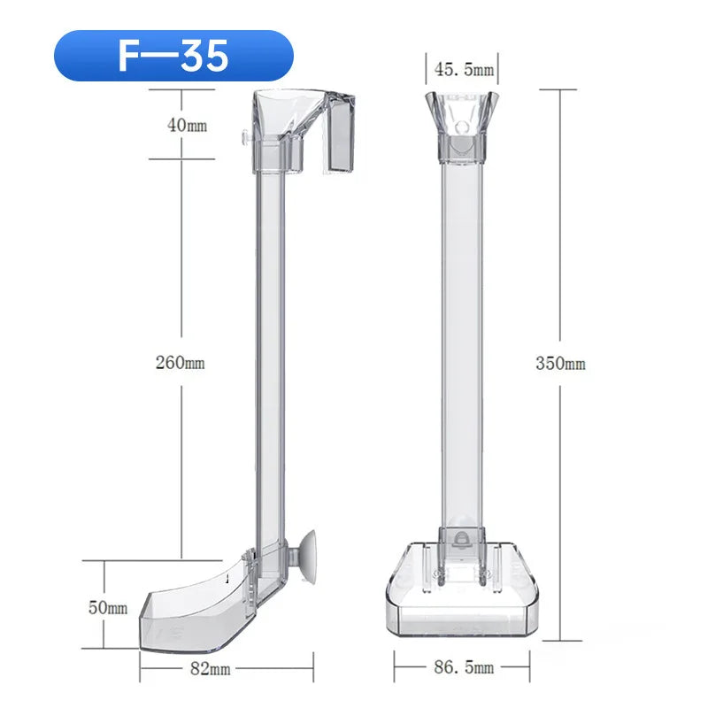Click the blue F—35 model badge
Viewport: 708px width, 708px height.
pyautogui.click(x=173, y=56)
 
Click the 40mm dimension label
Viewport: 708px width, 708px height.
pyautogui.click(x=187, y=126)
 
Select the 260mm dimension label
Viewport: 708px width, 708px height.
pyautogui.click(x=181, y=362)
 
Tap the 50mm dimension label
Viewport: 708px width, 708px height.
pyautogui.click(x=107, y=608)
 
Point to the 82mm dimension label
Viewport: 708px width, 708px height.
pyautogui.click(x=210, y=669)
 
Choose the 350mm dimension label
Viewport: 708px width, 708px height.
pyautogui.click(x=560, y=364)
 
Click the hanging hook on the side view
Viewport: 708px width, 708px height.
pyautogui.click(x=338, y=142)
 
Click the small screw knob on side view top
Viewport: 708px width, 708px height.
pyautogui.click(x=242, y=138)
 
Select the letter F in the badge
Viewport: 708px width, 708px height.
pyautogui.click(x=130, y=56)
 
